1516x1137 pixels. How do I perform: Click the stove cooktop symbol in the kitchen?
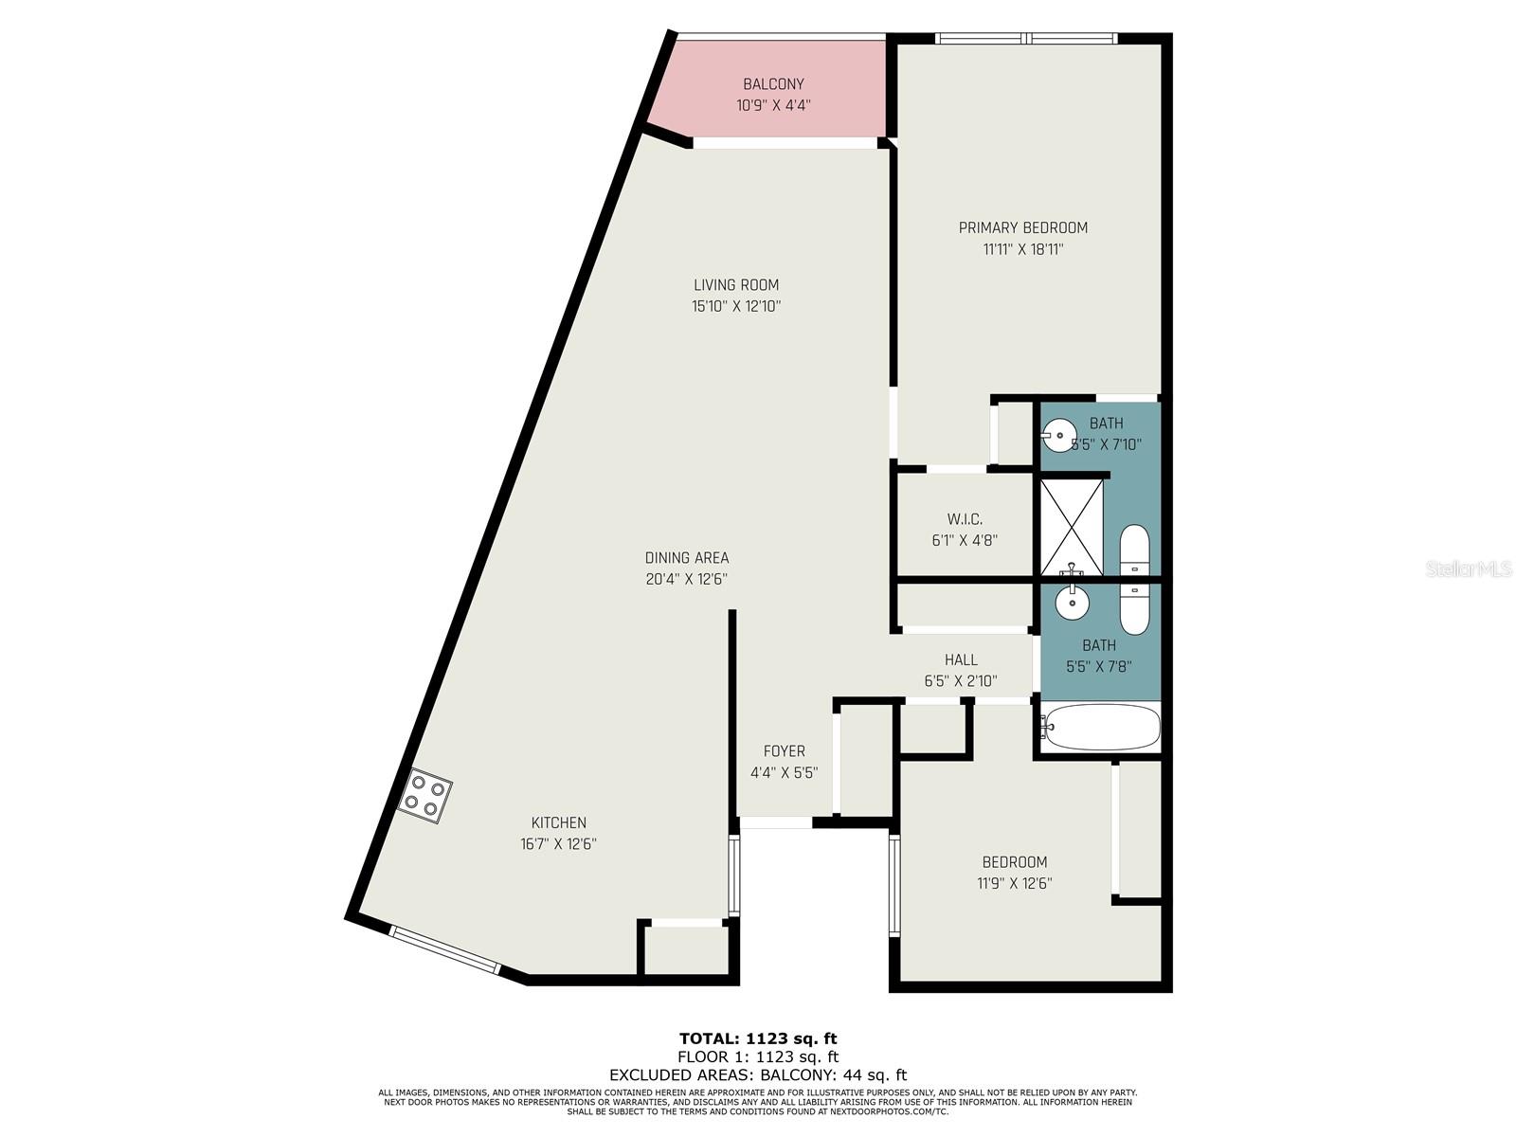click(425, 796)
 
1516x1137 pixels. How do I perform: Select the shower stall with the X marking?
click(1072, 527)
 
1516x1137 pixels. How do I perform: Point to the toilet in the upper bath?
click(1134, 550)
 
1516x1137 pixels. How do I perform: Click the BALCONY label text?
click(773, 84)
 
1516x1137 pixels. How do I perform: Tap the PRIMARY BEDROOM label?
click(1022, 227)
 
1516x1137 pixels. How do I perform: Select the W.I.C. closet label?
click(965, 519)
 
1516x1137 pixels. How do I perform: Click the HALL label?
click(961, 659)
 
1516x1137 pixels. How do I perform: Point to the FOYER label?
click(784, 751)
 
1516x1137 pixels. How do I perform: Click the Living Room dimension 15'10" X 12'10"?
click(736, 306)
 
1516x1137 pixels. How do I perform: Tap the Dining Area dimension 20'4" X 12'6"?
click(687, 579)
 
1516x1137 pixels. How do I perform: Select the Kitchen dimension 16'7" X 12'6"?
click(558, 843)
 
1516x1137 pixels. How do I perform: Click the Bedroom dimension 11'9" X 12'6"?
click(1015, 883)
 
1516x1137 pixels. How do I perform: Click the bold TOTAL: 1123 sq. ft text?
click(758, 1038)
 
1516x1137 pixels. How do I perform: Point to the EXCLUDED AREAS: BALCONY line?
click(758, 1074)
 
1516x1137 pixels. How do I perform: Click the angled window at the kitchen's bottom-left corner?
click(444, 949)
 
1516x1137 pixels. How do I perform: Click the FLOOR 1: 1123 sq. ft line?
click(758, 1056)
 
